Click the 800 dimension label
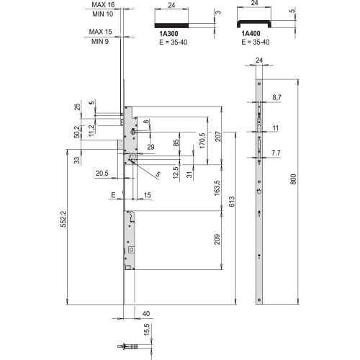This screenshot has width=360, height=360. coord(293,179)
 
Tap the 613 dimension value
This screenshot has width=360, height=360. coord(232,202)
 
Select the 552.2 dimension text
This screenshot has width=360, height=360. coord(63,219)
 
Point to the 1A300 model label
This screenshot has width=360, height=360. coord(168,34)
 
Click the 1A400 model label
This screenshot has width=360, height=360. coord(251,34)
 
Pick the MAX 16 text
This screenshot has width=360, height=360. coord(103,4)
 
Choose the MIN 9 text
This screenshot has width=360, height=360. coord(100,42)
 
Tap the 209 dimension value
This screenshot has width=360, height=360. coord(217,239)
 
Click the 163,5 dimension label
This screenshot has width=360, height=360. coord(217,188)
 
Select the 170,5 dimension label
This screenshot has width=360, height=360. coord(202,140)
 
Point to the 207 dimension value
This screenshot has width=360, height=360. coord(218,136)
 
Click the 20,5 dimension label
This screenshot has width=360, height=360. coord(102,173)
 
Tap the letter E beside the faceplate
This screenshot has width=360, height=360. coord(113,195)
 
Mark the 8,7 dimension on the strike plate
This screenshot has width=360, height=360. coord(276,97)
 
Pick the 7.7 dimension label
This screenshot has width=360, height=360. coord(276,153)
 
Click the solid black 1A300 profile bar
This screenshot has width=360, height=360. coord(171,25)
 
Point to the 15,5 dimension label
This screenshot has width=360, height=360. coord(147,329)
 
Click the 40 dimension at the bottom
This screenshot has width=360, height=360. coord(146,314)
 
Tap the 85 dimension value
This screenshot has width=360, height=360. coord(176,143)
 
